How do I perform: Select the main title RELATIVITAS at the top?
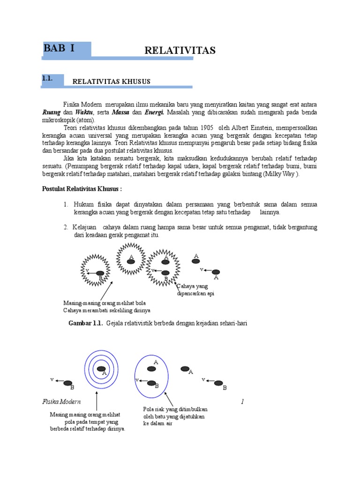pos(180,51)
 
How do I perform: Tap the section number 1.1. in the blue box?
pos(47,79)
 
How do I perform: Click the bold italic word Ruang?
pos(52,112)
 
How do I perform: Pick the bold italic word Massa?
pos(120,112)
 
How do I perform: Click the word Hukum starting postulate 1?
pos(83,204)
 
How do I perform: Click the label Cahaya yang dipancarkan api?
pos(195,290)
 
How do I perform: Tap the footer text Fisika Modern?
pos(61,402)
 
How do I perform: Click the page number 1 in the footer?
pos(243,402)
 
